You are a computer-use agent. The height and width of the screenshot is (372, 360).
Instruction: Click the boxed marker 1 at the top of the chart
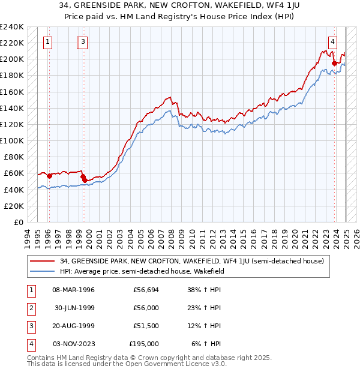tap(47, 41)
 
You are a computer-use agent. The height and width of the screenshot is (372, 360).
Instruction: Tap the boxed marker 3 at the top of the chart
tap(83, 41)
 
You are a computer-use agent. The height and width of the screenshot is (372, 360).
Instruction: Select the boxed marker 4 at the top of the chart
tap(332, 41)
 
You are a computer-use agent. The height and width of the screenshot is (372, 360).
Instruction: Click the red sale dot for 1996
tap(49, 176)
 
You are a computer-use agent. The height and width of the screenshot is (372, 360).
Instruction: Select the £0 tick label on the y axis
tap(18, 222)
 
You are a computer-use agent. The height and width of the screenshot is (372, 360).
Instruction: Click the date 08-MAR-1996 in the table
tap(74, 290)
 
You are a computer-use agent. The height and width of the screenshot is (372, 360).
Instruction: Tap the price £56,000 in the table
tap(146, 308)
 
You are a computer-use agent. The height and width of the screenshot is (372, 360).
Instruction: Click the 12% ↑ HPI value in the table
tap(204, 326)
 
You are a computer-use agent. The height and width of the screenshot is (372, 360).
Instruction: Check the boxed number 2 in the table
tap(30, 308)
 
